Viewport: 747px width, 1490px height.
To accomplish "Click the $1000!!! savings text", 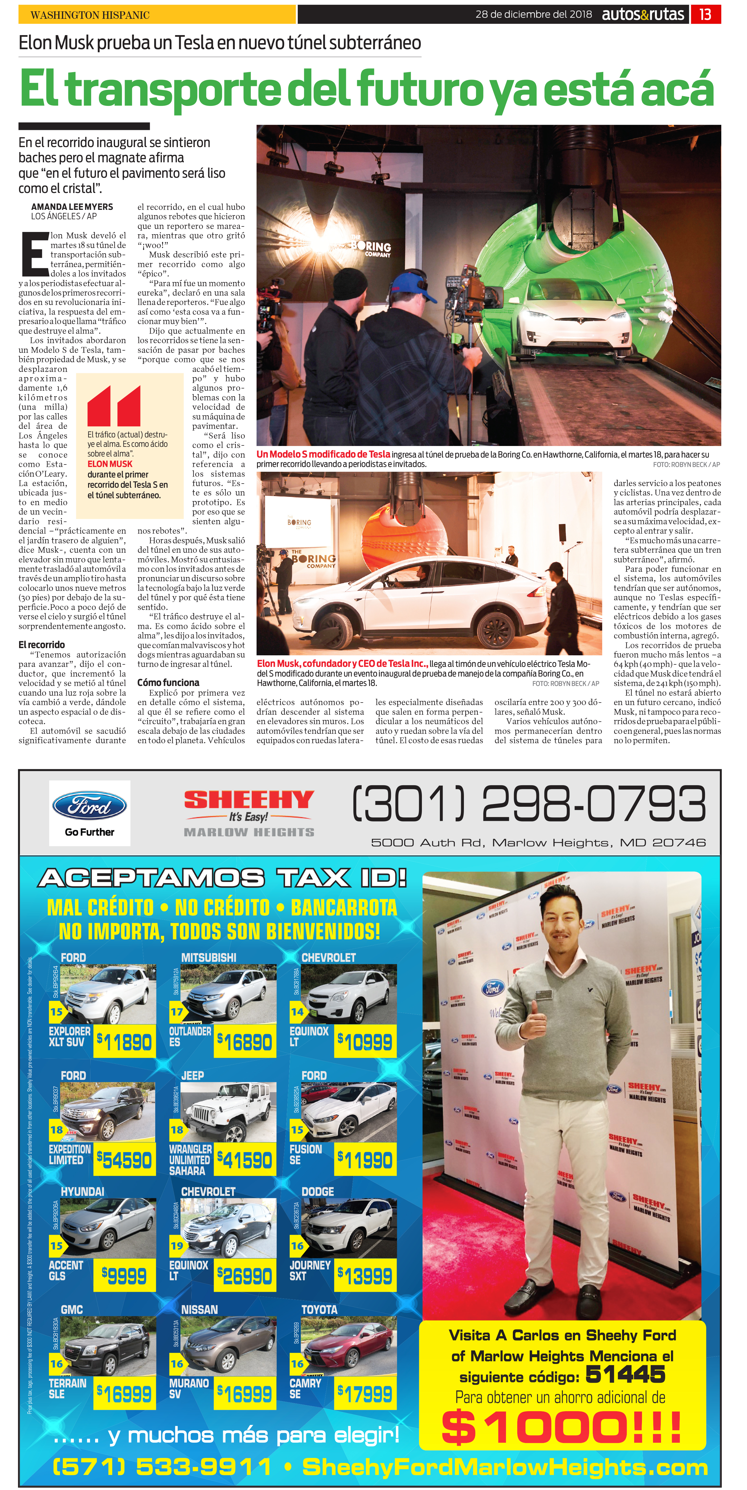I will [x=561, y=1427].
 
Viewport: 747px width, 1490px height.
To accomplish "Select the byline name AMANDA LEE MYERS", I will [x=72, y=207].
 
